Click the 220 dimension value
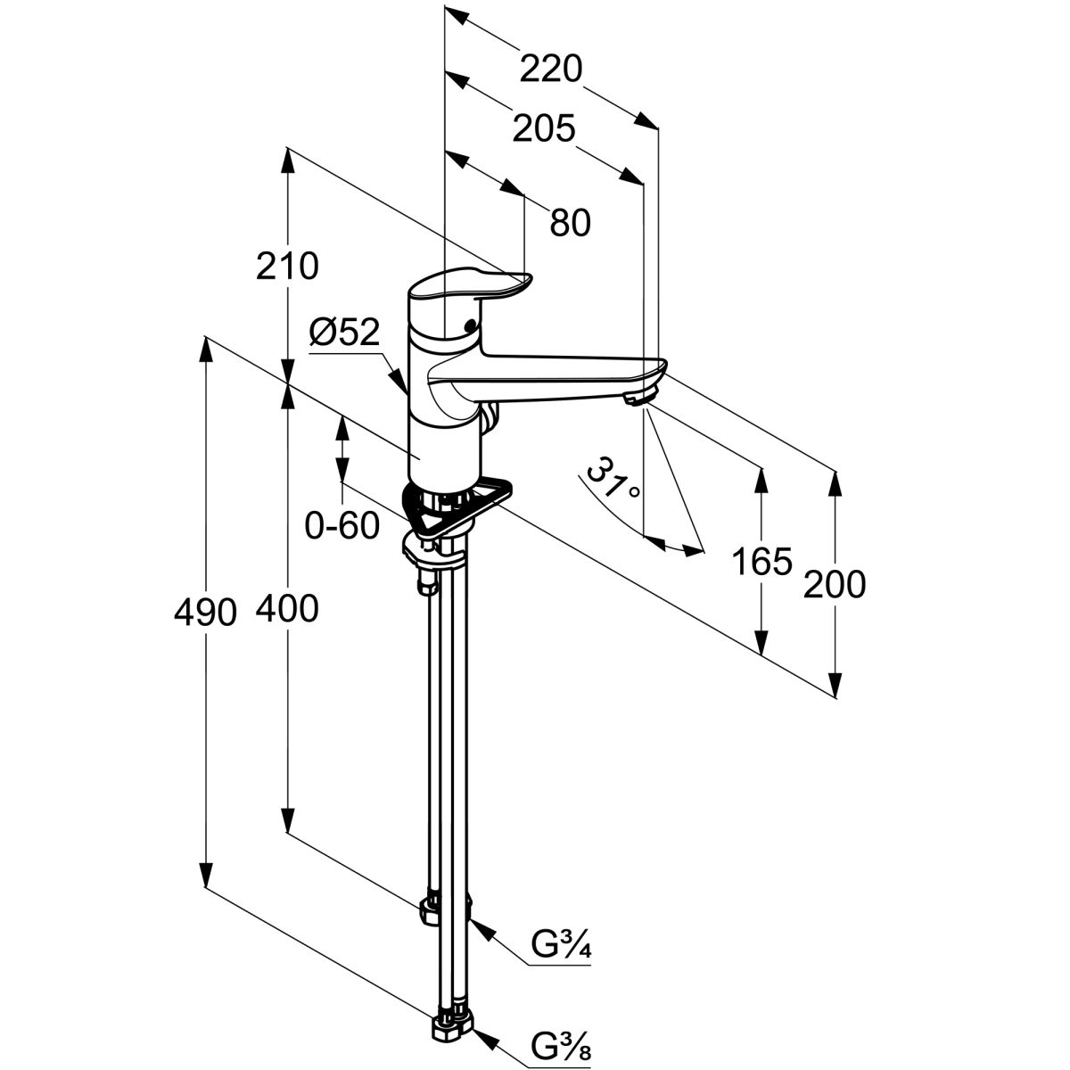pyautogui.click(x=552, y=69)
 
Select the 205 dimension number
pyautogui.click(x=543, y=130)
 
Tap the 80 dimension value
pyautogui.click(x=570, y=223)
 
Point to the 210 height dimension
pyautogui.click(x=287, y=266)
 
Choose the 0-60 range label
pyautogui.click(x=342, y=527)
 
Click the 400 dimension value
pyautogui.click(x=287, y=610)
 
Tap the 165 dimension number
pyautogui.click(x=761, y=563)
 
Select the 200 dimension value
pyautogui.click(x=835, y=585)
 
